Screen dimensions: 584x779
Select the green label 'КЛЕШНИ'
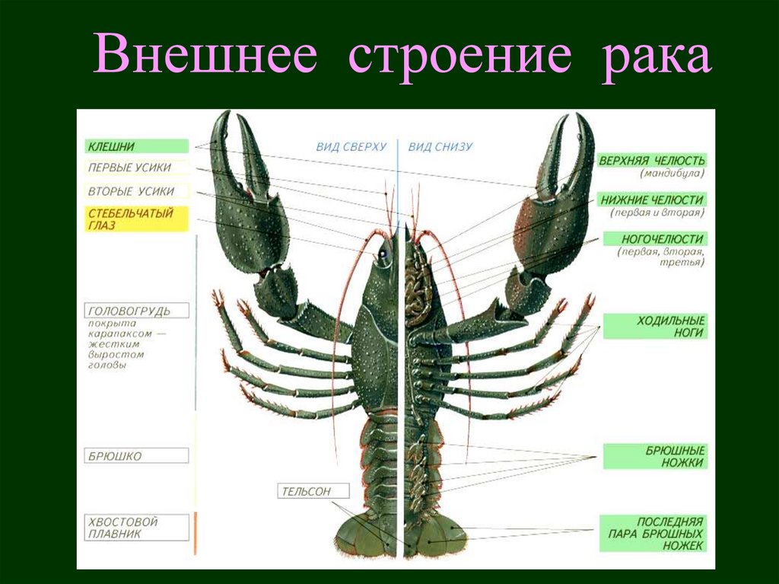[x=136, y=146]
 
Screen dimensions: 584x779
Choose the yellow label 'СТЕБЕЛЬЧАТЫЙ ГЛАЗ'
[x=136, y=219]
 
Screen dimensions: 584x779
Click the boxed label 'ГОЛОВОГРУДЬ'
[x=136, y=311]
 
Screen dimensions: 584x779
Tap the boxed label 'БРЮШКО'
[x=136, y=456]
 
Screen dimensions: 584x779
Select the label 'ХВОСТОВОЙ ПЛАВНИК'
[x=136, y=528]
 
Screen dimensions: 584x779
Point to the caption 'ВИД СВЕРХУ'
[x=351, y=147]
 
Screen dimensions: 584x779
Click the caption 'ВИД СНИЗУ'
[x=440, y=147]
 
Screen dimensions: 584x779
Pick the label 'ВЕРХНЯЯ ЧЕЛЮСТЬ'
[x=652, y=160]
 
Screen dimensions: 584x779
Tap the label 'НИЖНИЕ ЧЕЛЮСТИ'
[x=652, y=199]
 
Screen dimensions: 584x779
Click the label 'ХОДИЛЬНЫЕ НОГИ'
[x=655, y=327]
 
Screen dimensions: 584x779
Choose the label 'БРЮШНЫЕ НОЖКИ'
[x=655, y=456]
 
